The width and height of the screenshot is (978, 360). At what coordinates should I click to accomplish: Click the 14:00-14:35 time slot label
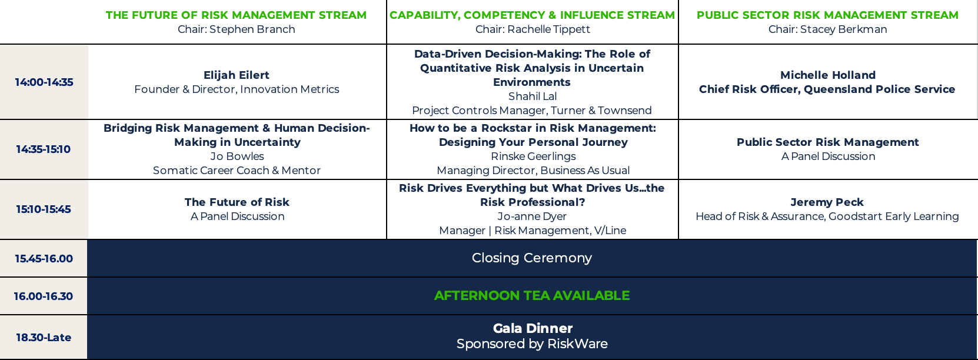coord(44,82)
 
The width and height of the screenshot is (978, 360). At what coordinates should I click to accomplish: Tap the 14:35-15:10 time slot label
coord(43,149)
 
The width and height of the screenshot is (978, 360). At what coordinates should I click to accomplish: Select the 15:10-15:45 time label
coord(43,209)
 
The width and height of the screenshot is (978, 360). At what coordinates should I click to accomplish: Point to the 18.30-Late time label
coord(44,337)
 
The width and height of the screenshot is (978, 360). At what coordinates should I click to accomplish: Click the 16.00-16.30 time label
coord(43,296)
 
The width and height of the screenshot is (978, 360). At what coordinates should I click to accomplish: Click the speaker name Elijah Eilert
coord(236,75)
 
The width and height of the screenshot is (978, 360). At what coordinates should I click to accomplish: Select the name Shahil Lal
coord(532,96)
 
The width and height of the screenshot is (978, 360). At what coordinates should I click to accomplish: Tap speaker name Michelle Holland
coord(828,75)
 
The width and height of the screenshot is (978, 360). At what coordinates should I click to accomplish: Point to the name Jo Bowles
coord(237,156)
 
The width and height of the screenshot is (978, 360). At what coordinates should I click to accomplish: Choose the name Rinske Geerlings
coord(533,156)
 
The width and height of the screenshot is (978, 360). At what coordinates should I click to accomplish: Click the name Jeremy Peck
coord(827,202)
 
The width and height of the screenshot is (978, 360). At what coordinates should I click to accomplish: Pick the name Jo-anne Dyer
coord(532,216)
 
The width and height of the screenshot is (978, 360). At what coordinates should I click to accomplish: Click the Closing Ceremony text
coord(532,258)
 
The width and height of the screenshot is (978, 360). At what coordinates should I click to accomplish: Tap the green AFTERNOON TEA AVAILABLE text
coord(532,295)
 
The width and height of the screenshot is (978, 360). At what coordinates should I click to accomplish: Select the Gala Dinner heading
coord(533,328)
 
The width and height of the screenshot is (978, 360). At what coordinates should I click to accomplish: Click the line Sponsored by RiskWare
coord(532,344)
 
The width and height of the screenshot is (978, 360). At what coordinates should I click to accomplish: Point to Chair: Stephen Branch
coord(236,29)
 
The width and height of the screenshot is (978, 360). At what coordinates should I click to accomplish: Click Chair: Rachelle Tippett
coord(533,29)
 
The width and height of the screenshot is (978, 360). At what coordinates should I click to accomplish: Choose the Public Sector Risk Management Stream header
coord(827,15)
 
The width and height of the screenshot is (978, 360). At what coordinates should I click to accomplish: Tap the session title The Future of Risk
coord(237,202)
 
